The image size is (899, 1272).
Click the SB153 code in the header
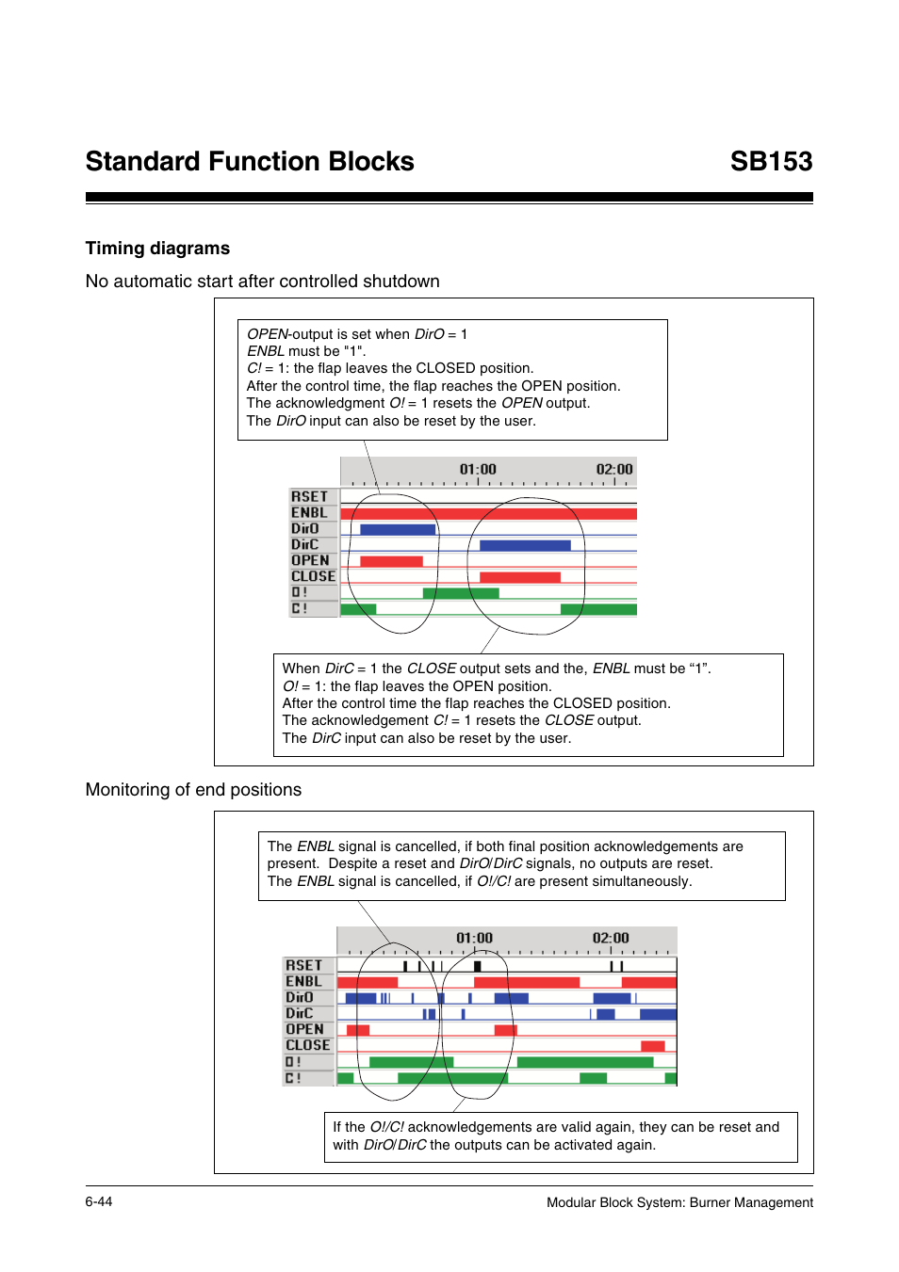coord(770,162)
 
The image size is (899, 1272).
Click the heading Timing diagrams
coord(157,249)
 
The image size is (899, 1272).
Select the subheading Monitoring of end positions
coord(193,790)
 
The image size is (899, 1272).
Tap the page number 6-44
coord(98,1201)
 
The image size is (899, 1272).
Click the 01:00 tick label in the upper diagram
coord(478,469)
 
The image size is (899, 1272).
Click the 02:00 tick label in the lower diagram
coord(611,938)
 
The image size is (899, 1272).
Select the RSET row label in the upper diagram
coord(309,496)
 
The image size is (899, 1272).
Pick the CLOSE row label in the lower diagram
coord(307,1045)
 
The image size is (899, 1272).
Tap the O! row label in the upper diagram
coord(300,592)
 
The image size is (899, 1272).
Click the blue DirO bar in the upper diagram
coord(398,529)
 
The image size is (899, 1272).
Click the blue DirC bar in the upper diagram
coord(525,545)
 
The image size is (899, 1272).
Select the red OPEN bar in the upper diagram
coord(391,561)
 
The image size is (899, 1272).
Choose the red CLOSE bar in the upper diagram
coord(519,577)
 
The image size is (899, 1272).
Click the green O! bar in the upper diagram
coord(461,593)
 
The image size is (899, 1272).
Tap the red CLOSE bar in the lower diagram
coord(652,1046)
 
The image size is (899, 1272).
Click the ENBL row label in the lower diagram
coord(303,981)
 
